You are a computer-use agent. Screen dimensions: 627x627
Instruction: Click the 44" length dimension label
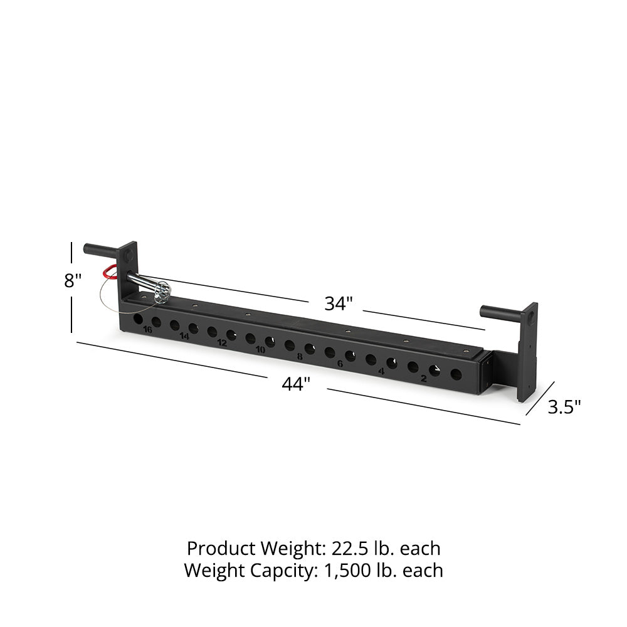click(297, 384)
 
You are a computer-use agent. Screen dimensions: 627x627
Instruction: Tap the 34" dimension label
click(339, 303)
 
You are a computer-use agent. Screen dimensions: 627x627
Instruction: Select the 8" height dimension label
click(73, 280)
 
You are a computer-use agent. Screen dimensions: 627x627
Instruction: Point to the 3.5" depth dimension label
click(564, 407)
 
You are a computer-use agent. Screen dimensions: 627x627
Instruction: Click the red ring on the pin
click(110, 272)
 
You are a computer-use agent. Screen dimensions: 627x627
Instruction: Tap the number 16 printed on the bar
click(147, 330)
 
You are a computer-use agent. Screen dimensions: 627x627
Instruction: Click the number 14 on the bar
click(184, 336)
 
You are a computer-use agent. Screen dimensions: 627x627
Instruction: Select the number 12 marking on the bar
click(222, 343)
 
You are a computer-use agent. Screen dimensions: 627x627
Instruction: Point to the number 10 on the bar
click(260, 350)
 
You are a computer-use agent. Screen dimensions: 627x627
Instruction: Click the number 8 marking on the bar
click(300, 357)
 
